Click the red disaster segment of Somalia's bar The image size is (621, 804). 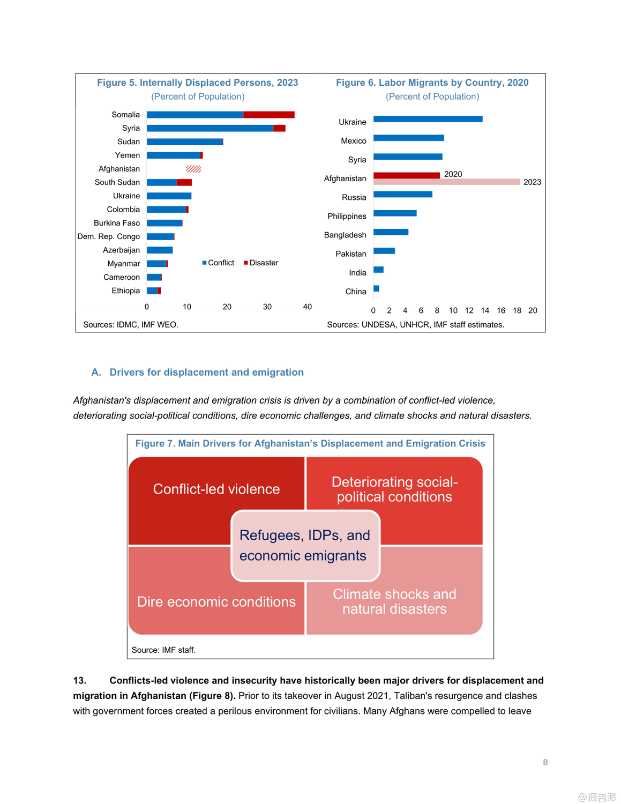tap(268, 115)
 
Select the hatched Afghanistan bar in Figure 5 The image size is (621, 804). tap(193, 169)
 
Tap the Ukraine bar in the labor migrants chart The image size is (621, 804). tap(428, 119)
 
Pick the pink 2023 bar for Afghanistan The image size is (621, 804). tap(446, 182)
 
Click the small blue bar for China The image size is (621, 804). tap(376, 288)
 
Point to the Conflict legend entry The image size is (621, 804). tap(219, 263)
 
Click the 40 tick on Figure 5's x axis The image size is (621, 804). tap(308, 307)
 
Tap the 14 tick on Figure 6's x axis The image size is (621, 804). tap(485, 310)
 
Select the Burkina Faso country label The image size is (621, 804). tap(117, 223)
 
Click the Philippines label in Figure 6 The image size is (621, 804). tap(347, 216)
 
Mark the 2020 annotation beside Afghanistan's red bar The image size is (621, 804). tap(453, 174)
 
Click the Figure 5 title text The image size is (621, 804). tap(197, 83)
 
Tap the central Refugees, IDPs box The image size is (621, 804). tap(305, 546)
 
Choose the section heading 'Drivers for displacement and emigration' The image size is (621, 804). tap(206, 372)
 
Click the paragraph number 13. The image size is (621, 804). tap(80, 680)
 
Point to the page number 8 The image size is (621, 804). tap(545, 762)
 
